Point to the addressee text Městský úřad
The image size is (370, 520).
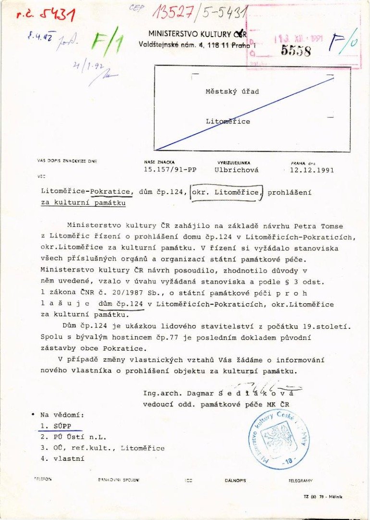click(x=232, y=91)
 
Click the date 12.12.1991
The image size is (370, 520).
click(x=312, y=170)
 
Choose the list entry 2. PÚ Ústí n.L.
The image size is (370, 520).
click(x=73, y=437)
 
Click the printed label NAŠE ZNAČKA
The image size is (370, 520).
click(x=160, y=163)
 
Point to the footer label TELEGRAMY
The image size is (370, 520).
click(x=300, y=481)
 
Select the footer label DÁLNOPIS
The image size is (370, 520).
click(x=235, y=481)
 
